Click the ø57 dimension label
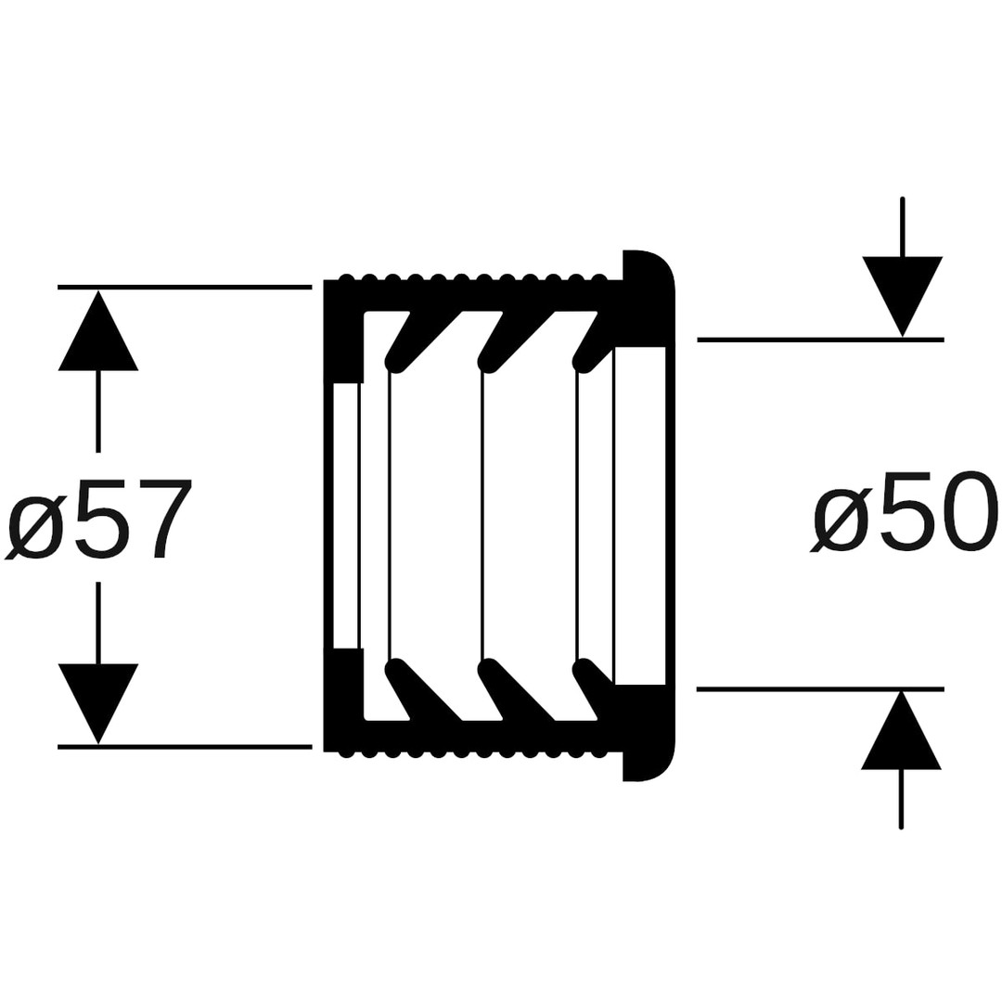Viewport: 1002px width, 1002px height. pyautogui.click(x=99, y=518)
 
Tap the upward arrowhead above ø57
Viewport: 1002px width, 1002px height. pyautogui.click(x=97, y=330)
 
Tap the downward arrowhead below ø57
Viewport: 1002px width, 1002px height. pyautogui.click(x=97, y=703)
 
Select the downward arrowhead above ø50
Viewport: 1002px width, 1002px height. pyautogui.click(x=903, y=297)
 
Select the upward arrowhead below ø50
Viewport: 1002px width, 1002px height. pyautogui.click(x=902, y=730)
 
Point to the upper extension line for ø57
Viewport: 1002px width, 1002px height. pyautogui.click(x=185, y=287)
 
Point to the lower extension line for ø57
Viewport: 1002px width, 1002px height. pyautogui.click(x=185, y=746)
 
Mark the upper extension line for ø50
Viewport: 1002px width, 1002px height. pyautogui.click(x=820, y=340)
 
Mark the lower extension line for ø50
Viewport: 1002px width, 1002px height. pyautogui.click(x=820, y=688)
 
